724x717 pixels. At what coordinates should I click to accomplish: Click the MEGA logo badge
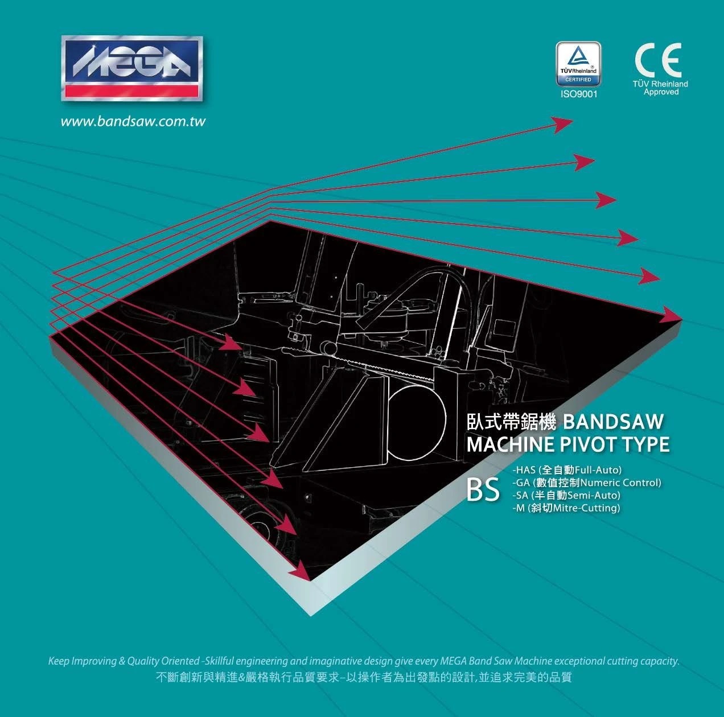[x=132, y=68]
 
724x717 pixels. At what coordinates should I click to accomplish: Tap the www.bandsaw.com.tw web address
[x=133, y=121]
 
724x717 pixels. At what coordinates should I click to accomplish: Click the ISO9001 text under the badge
[x=579, y=94]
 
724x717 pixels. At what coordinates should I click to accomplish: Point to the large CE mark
[x=658, y=60]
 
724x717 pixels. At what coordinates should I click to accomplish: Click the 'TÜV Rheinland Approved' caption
[x=660, y=88]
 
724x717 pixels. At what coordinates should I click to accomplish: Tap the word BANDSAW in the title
[x=613, y=422]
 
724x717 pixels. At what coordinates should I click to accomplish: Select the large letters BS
[x=483, y=489]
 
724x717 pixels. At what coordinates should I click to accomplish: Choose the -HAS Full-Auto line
[x=567, y=469]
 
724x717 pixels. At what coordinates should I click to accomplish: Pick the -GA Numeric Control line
[x=586, y=483]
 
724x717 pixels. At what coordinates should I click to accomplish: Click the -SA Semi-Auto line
[x=566, y=495]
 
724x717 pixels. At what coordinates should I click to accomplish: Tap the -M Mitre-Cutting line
[x=566, y=508]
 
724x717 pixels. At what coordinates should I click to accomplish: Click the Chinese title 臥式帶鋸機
[x=511, y=422]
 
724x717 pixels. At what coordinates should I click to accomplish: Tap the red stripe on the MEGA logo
[x=132, y=90]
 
